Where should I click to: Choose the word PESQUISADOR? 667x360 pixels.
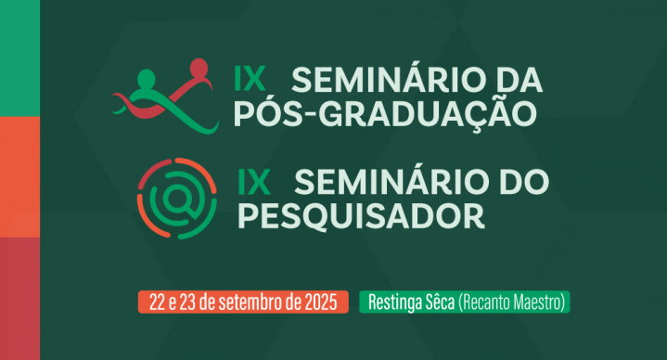click(x=362, y=214)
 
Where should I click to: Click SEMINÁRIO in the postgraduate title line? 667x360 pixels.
click(x=382, y=79)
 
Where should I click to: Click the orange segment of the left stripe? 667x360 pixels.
click(x=19, y=177)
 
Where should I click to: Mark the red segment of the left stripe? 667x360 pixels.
click(x=19, y=298)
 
